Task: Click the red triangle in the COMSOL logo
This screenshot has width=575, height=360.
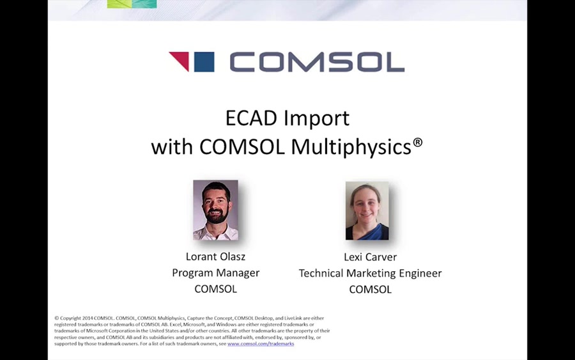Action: click(x=180, y=60)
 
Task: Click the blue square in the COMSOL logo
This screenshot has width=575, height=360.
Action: click(x=204, y=62)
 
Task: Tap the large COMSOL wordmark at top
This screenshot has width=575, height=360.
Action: click(x=317, y=62)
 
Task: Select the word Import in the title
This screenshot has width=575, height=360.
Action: click(x=318, y=118)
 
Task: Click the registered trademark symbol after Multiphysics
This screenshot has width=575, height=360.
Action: click(x=418, y=142)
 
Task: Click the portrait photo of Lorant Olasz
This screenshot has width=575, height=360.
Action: click(x=215, y=210)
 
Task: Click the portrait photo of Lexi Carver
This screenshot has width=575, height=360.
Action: click(x=367, y=210)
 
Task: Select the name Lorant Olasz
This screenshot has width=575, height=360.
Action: click(x=215, y=256)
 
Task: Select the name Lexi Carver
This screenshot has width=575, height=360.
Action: click(x=370, y=257)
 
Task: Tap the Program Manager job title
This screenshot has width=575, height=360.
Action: click(x=215, y=273)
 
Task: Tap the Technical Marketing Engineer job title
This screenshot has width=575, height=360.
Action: click(x=370, y=274)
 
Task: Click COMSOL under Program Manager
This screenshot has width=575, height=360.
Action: click(x=215, y=289)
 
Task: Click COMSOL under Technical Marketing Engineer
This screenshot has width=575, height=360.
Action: click(x=370, y=290)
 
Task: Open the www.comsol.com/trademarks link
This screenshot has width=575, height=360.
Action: click(x=261, y=344)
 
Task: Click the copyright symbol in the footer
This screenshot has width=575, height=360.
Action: click(x=57, y=318)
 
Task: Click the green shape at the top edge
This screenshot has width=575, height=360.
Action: click(x=132, y=4)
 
